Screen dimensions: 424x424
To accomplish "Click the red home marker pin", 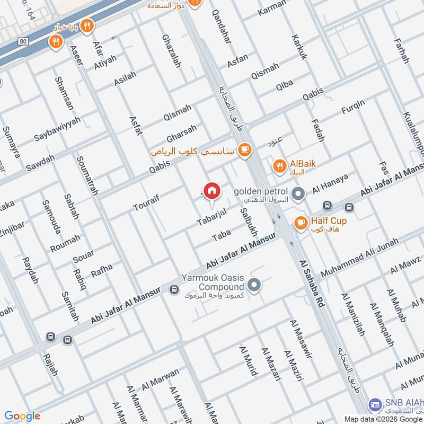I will pos(211,191).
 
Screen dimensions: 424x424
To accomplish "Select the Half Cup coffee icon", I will pos(301,223).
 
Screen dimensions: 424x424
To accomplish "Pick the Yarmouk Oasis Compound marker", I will pos(255,285).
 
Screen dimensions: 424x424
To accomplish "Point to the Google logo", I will pos(22,416).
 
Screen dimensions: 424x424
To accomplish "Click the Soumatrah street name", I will pos(87,175).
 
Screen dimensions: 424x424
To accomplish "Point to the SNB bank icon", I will pos(375,404).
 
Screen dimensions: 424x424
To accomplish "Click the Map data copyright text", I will pos(382,419).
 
